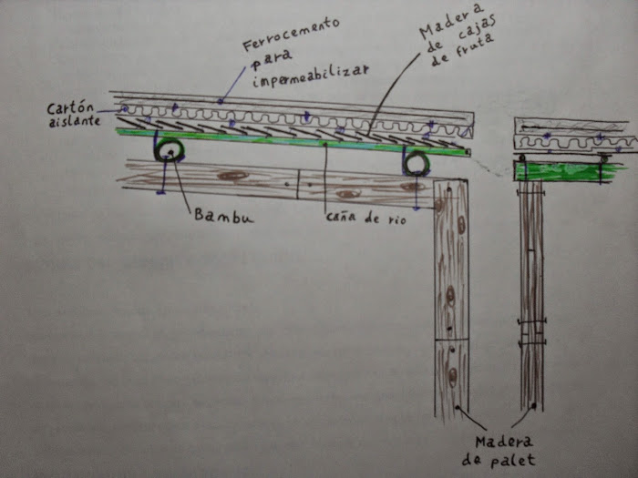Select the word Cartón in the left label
pos(69,107)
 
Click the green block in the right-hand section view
pos(565,171)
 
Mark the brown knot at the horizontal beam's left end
pos(233,175)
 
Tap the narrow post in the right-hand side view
pos(531,291)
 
